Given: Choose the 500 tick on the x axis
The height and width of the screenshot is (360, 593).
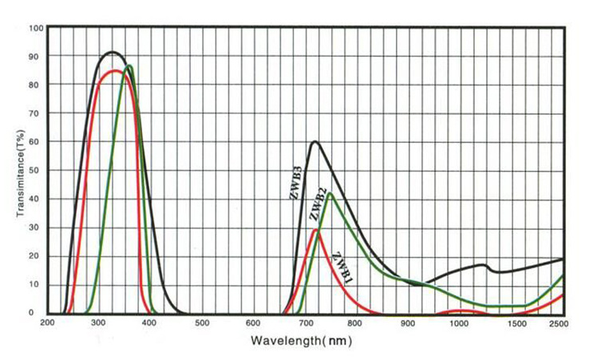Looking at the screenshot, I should tap(202, 322).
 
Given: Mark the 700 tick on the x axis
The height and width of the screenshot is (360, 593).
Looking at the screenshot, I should tap(306, 322).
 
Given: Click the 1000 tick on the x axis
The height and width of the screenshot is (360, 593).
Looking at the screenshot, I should tap(459, 322).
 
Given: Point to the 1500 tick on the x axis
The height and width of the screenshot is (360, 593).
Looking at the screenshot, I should tap(511, 322).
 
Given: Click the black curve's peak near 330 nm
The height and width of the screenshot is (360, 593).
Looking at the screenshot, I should tap(113, 53).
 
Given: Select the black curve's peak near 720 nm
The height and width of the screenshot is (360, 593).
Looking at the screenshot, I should tap(315, 142).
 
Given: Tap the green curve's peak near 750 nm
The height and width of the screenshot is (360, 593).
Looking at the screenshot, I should tap(330, 193).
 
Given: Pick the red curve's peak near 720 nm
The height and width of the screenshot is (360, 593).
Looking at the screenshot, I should tap(316, 230).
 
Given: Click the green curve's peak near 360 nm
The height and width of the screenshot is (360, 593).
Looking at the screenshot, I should tap(129, 65).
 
